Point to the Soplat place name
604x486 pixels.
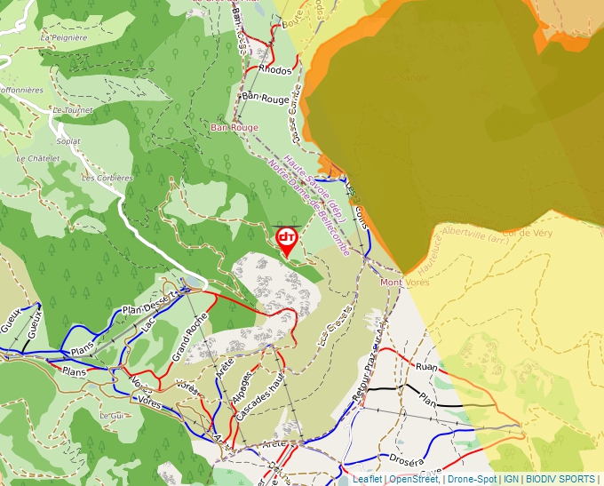pyautogui.click(x=68, y=141)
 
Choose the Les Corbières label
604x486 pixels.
pyautogui.click(x=107, y=178)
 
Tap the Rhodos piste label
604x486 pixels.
pyautogui.click(x=276, y=70)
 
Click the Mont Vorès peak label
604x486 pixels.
pyautogui.click(x=404, y=283)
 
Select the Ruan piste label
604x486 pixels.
pyautogui.click(x=426, y=366)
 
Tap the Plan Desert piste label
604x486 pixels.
pyautogui.click(x=146, y=304)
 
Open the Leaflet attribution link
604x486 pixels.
pyautogui.click(x=368, y=479)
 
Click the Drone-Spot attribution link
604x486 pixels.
pyautogui.click(x=472, y=479)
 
